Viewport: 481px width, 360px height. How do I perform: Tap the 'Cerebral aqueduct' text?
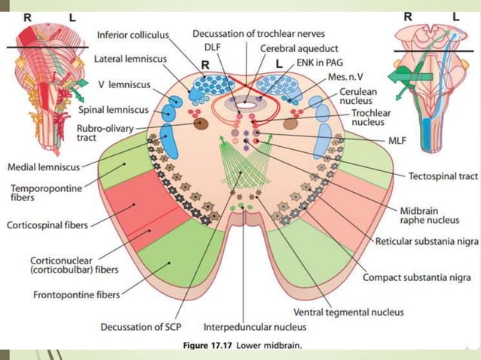click(287, 47)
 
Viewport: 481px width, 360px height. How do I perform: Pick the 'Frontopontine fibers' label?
click(76, 294)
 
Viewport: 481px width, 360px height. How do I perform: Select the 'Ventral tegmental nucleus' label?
click(348, 312)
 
